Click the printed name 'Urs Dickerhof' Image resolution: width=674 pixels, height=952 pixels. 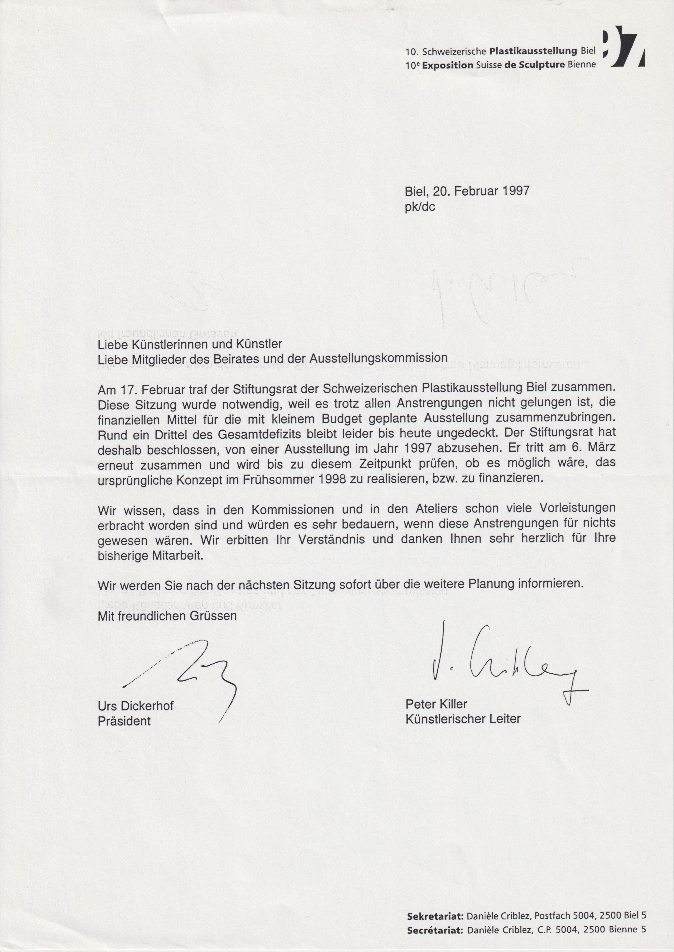(136, 706)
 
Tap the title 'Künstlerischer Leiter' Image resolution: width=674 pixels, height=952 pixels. (463, 719)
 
